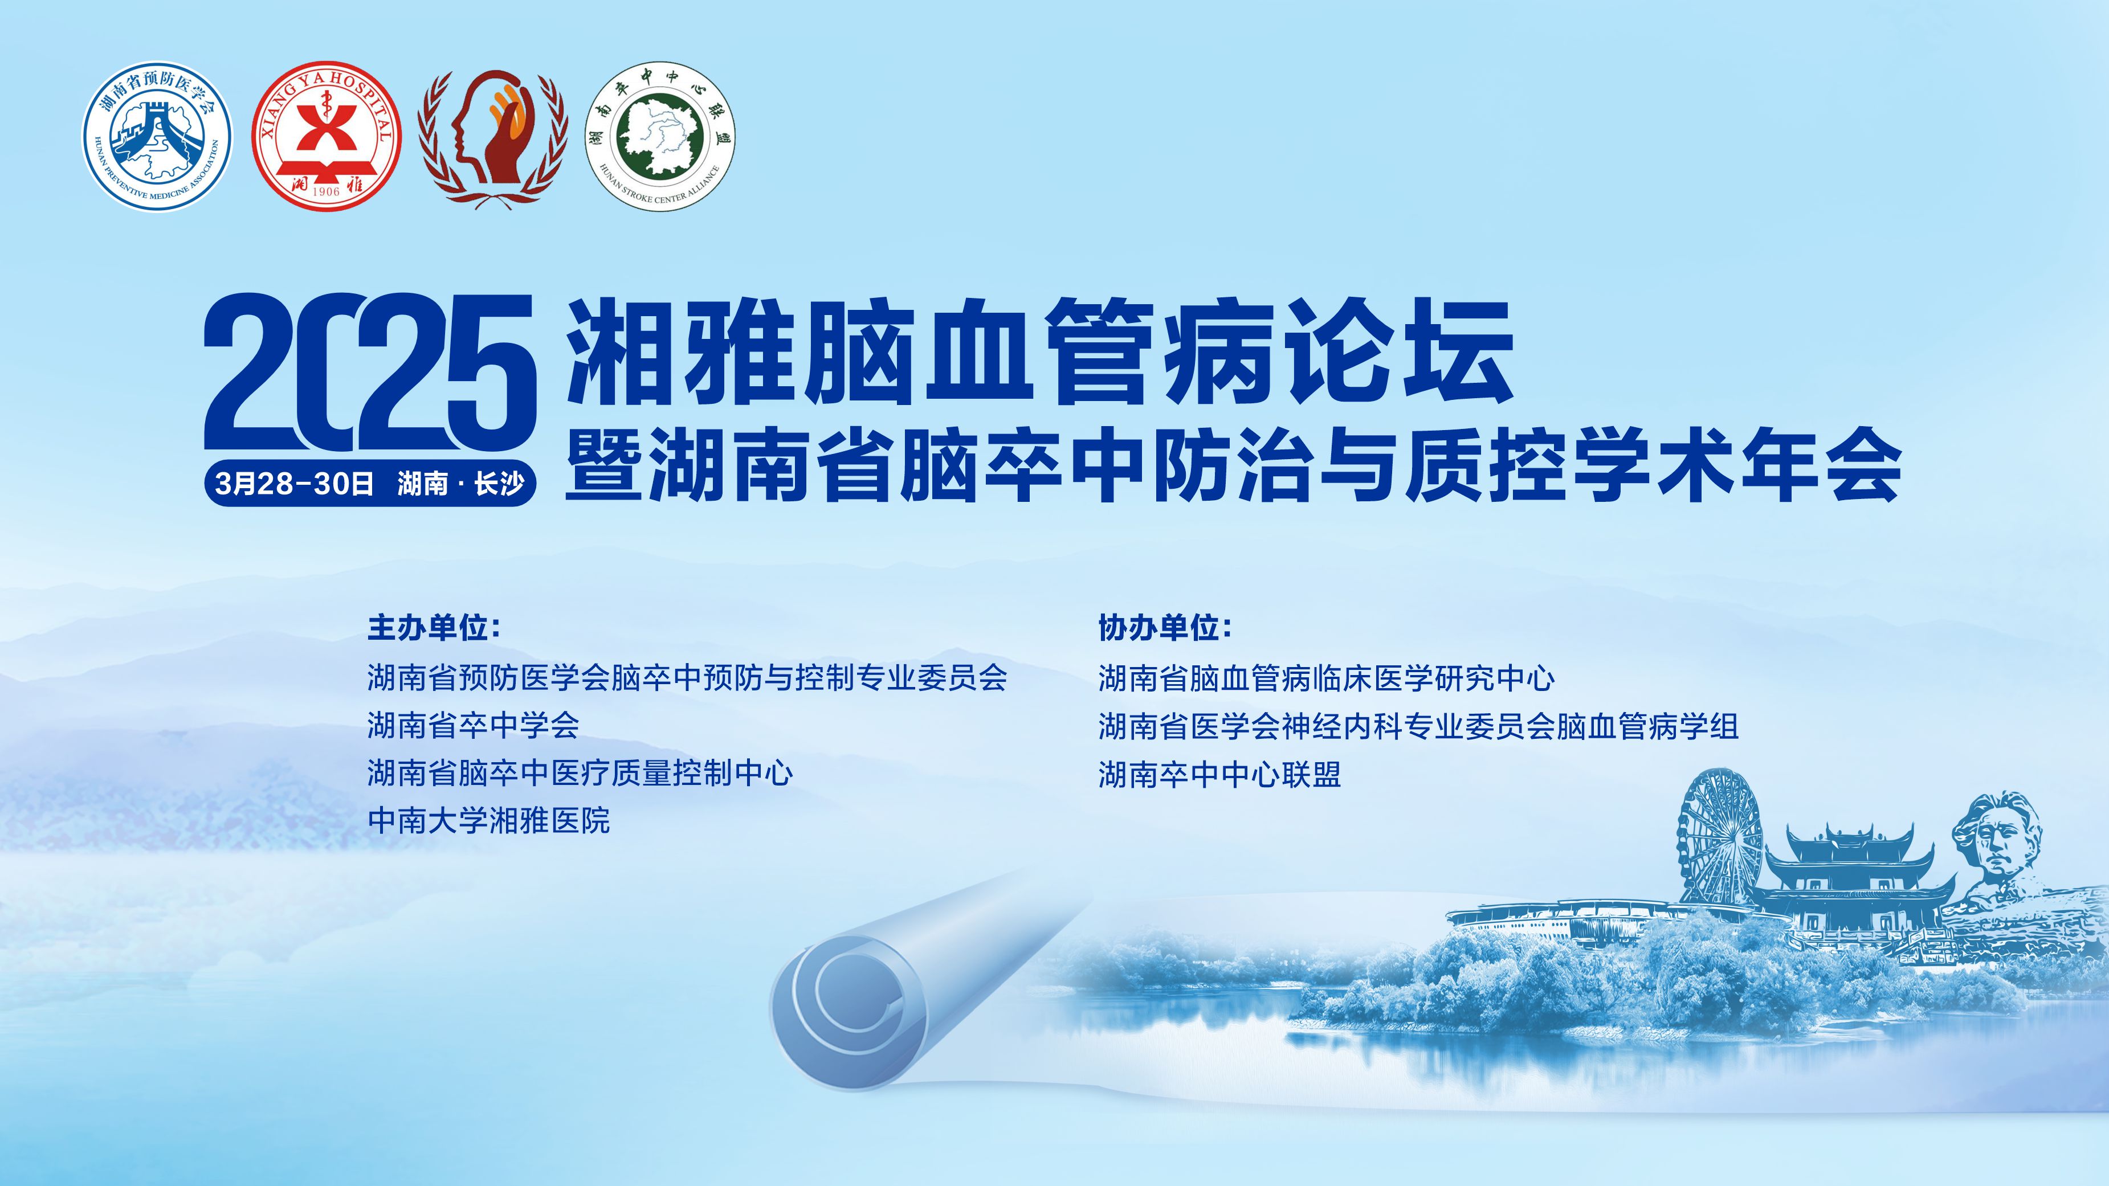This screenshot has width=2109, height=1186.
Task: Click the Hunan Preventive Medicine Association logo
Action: pos(157,136)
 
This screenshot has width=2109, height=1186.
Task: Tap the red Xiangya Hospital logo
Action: pos(327,136)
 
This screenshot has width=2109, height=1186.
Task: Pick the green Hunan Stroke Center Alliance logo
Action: pos(662,136)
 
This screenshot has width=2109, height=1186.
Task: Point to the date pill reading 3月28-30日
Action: pos(370,483)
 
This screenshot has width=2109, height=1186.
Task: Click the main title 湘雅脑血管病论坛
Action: pos(1040,352)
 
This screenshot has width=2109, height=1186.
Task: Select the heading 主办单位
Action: pos(434,628)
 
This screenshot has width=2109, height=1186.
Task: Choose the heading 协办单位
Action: pos(1165,628)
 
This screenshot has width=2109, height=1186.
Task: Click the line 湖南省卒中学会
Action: pos(473,725)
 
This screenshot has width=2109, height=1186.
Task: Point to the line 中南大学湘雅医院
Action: pos(489,820)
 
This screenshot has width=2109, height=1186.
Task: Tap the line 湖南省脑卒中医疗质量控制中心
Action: pos(580,772)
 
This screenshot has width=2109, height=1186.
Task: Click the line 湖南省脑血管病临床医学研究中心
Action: pos(1326,678)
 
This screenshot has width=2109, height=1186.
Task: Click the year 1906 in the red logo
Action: pos(326,191)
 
